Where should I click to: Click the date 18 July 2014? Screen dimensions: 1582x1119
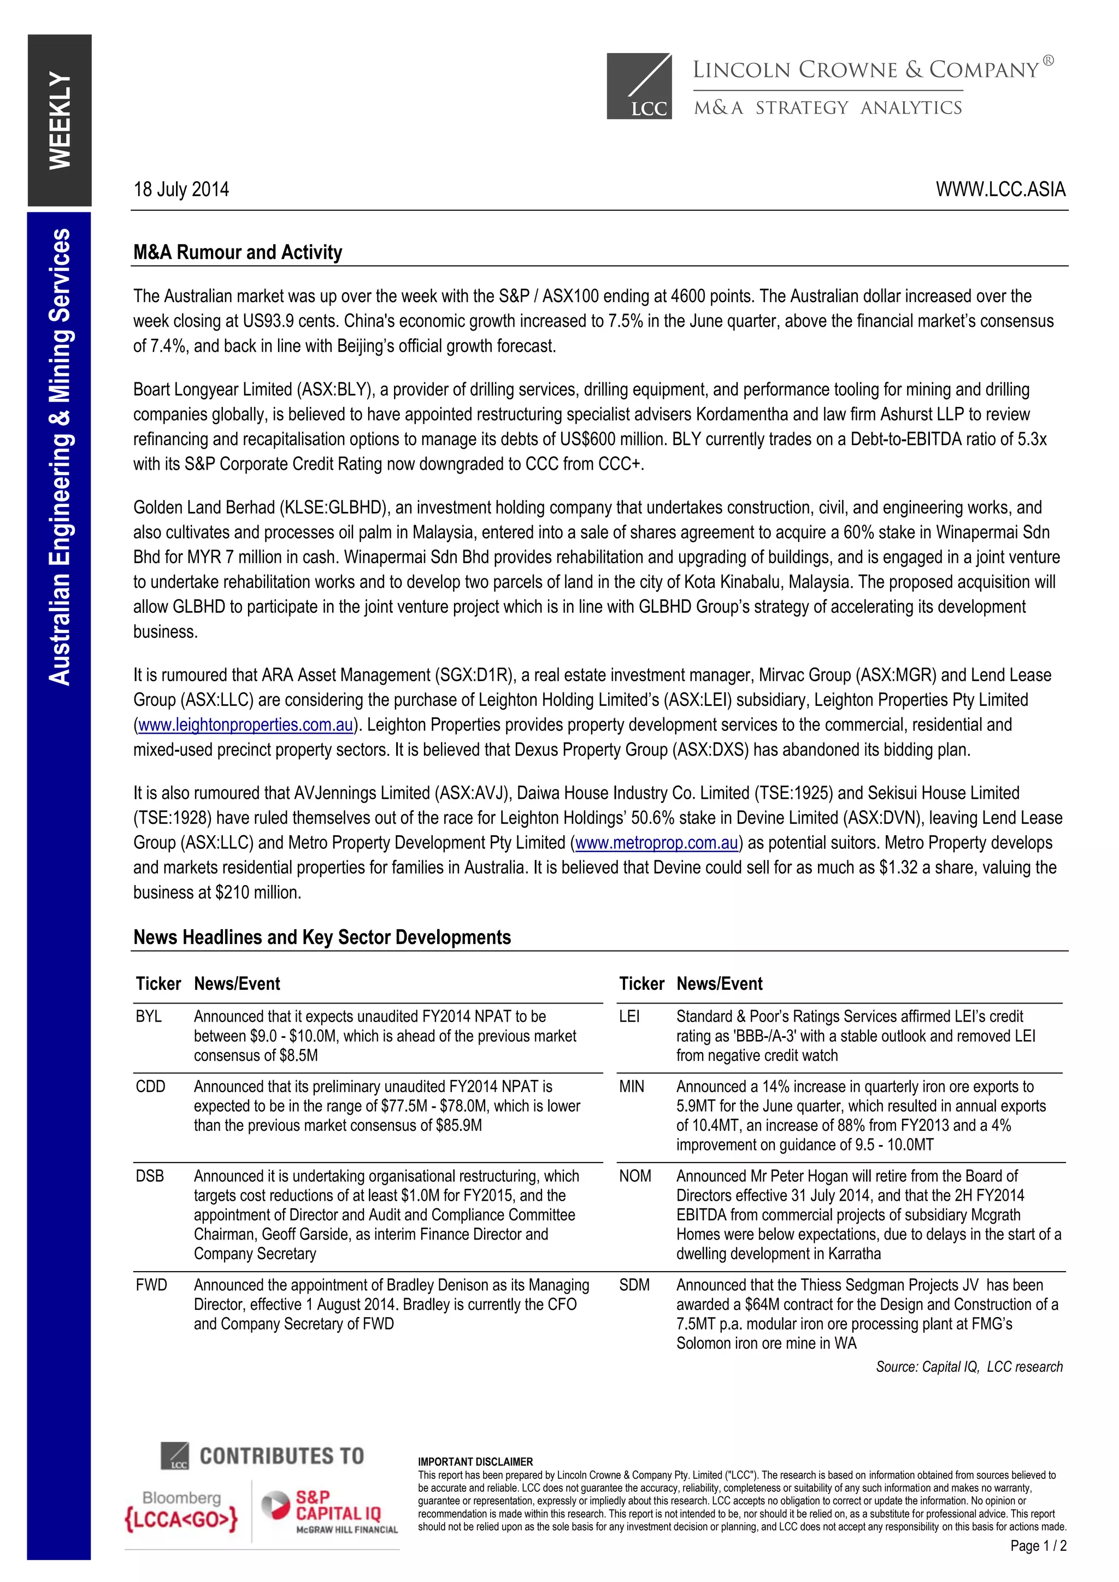(181, 190)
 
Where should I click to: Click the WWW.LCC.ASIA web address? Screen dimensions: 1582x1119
(1000, 190)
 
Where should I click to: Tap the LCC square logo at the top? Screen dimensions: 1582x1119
(639, 86)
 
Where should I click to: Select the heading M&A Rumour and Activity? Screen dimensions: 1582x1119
(238, 252)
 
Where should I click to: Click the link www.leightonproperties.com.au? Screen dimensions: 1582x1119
(246, 725)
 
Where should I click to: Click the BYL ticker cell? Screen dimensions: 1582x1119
(149, 1016)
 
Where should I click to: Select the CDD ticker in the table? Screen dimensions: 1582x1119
(150, 1087)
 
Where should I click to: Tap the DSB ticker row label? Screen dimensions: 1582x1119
(150, 1176)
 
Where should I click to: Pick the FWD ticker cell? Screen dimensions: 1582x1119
(151, 1285)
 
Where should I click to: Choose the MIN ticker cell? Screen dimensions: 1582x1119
(631, 1087)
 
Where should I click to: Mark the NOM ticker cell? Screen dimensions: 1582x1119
(634, 1176)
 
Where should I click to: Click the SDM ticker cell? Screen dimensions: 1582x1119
(634, 1285)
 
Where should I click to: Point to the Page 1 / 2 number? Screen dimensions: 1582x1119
(1038, 1545)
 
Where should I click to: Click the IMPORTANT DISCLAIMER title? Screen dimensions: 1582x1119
(475, 1461)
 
